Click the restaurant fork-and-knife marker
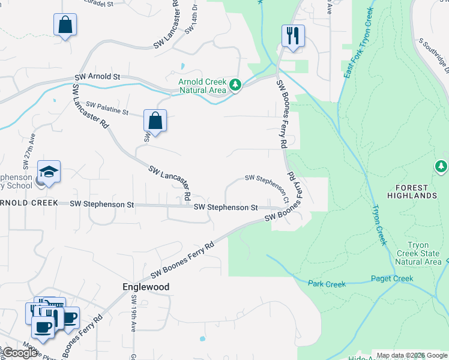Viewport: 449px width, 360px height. coord(293,35)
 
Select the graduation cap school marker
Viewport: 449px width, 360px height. coord(49,172)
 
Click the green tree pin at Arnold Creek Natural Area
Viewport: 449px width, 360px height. coord(236,86)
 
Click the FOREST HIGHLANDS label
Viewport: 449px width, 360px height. coord(411,191)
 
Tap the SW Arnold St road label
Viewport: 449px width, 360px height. coord(98,77)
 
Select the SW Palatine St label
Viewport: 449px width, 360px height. coord(107,109)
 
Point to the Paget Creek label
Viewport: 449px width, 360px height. coord(392,278)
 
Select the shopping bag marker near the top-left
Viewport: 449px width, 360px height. coord(65,25)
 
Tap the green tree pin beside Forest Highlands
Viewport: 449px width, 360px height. coord(441,166)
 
